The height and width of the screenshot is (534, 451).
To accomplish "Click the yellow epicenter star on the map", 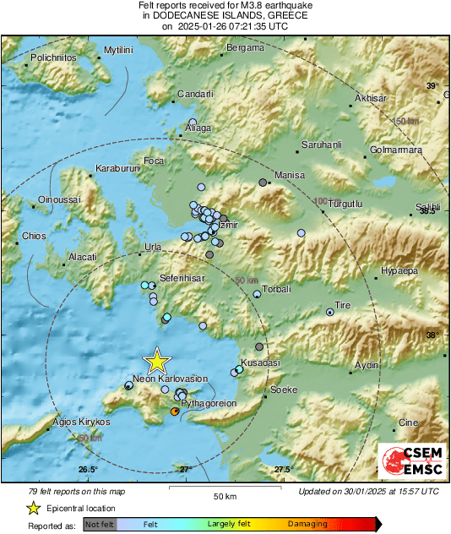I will pos(156,361).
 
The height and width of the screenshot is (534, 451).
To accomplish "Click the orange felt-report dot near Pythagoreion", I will pos(175,411).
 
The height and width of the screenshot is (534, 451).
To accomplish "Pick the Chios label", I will pos(34,236).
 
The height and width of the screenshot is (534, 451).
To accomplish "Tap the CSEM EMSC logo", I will pos(411,462).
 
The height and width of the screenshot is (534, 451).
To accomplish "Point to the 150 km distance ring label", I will pos(406,122).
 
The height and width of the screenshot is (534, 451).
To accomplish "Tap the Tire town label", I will pos(343,304).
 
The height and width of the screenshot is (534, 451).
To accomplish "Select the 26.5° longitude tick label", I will pos(88,469).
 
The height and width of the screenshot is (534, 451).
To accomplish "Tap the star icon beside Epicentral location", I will pos(33,508).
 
